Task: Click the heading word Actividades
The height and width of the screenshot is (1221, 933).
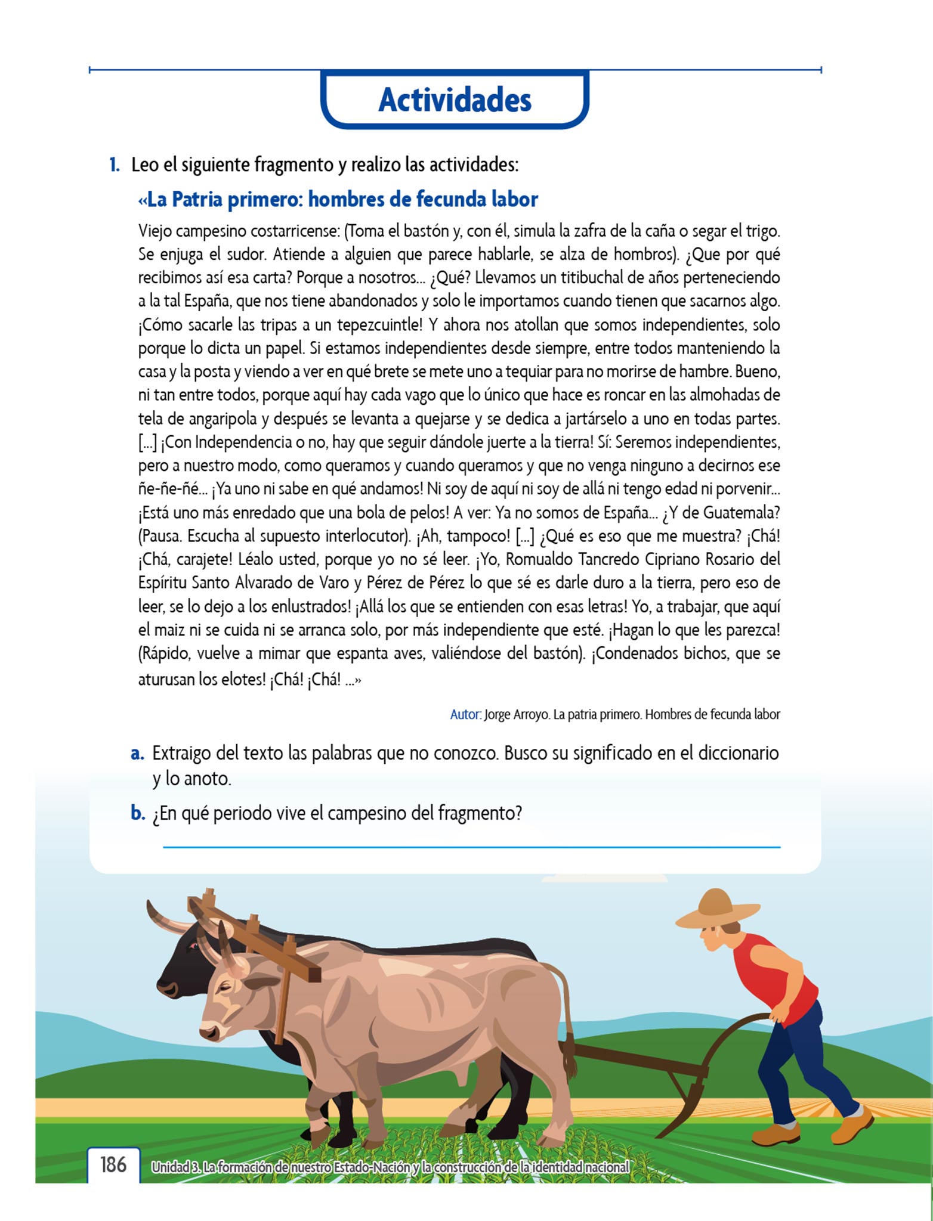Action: tap(455, 100)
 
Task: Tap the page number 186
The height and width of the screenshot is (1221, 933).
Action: tap(113, 1164)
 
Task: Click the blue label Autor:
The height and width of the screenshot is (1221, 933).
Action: tap(465, 714)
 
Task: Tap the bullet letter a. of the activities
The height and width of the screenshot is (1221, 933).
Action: tap(137, 754)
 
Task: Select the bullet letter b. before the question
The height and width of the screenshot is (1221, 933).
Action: tap(138, 813)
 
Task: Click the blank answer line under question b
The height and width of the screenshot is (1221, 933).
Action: tap(471, 847)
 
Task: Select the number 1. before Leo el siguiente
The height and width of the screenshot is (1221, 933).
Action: tap(114, 165)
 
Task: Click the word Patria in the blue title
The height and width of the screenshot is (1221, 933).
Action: tap(197, 199)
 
